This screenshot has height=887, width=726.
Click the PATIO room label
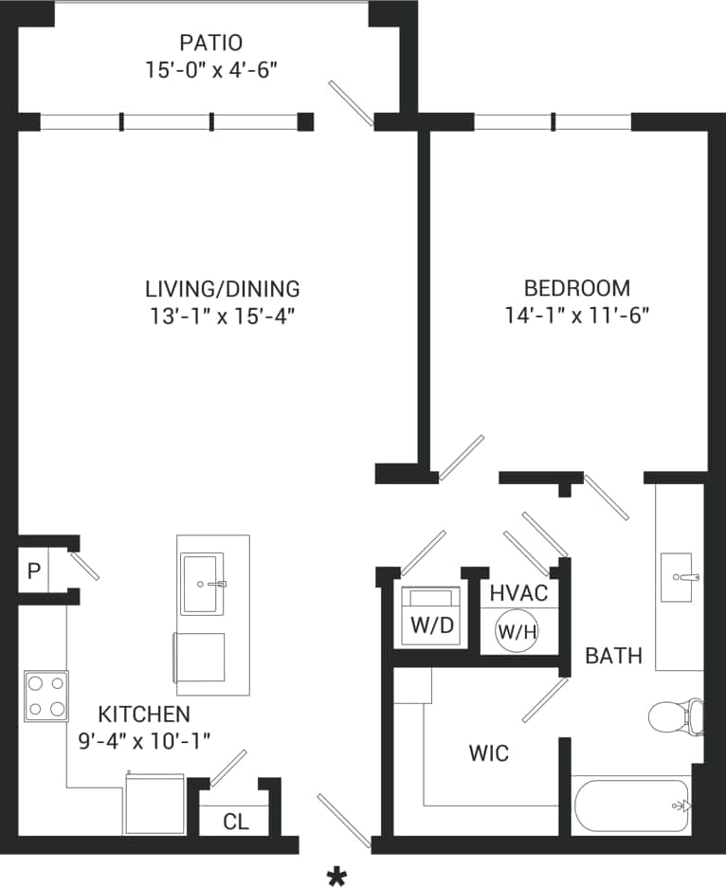(210, 43)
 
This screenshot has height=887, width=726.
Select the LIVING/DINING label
(222, 288)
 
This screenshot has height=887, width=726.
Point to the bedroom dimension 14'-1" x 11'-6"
(576, 316)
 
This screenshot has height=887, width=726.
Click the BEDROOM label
(576, 288)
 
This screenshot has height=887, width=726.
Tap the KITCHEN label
(144, 714)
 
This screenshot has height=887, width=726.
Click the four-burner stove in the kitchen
(46, 696)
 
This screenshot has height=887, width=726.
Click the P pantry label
(33, 571)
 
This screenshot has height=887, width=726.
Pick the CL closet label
(235, 822)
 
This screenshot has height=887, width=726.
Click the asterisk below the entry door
(336, 877)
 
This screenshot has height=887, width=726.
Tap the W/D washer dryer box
(431, 617)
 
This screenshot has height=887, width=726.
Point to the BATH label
(613, 655)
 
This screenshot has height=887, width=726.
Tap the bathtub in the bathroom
(631, 806)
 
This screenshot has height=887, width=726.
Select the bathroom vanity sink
(679, 576)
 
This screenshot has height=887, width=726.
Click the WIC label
(489, 753)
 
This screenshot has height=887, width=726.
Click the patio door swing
(351, 102)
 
